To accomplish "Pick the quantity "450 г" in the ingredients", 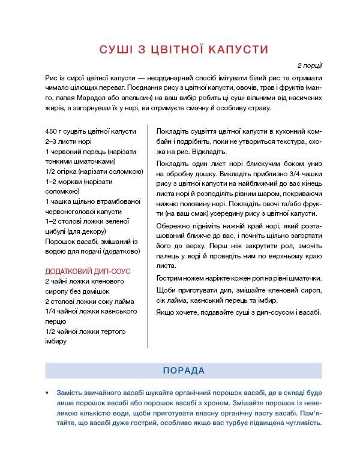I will point(54,131).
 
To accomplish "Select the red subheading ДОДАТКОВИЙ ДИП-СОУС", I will point(88,271).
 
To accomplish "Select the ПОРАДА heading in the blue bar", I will point(184,370).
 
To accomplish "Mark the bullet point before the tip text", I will point(47,393).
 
